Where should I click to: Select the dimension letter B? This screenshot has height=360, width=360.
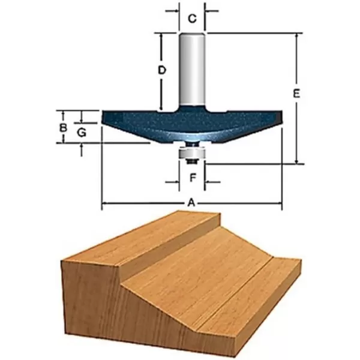(x=62, y=127)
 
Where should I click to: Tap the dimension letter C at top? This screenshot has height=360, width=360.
(x=192, y=19)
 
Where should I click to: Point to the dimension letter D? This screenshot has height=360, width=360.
(x=161, y=70)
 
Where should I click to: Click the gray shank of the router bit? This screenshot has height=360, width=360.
(x=192, y=69)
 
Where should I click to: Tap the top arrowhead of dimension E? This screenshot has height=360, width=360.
(x=296, y=35)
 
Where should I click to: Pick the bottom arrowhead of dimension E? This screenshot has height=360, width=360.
(x=296, y=160)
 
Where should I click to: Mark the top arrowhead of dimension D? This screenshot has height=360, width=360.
(x=161, y=35)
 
